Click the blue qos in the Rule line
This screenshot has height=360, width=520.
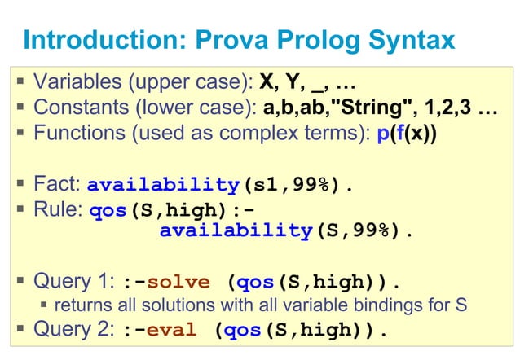[x=107, y=209]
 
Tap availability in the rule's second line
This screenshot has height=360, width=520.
[x=236, y=230]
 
